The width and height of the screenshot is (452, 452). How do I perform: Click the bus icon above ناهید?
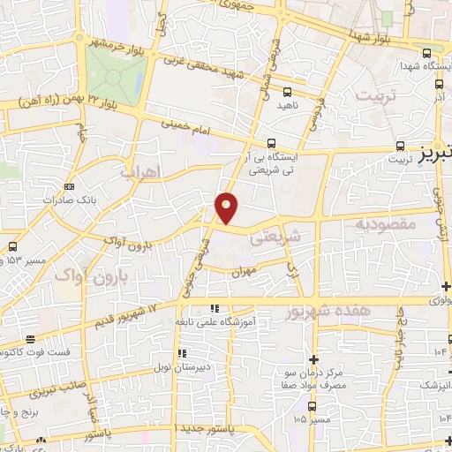(287, 91)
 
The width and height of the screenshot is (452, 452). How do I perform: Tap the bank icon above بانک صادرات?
(70, 186)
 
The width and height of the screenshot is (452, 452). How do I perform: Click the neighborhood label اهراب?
(147, 168)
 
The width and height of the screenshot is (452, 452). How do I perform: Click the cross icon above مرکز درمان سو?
(314, 358)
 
